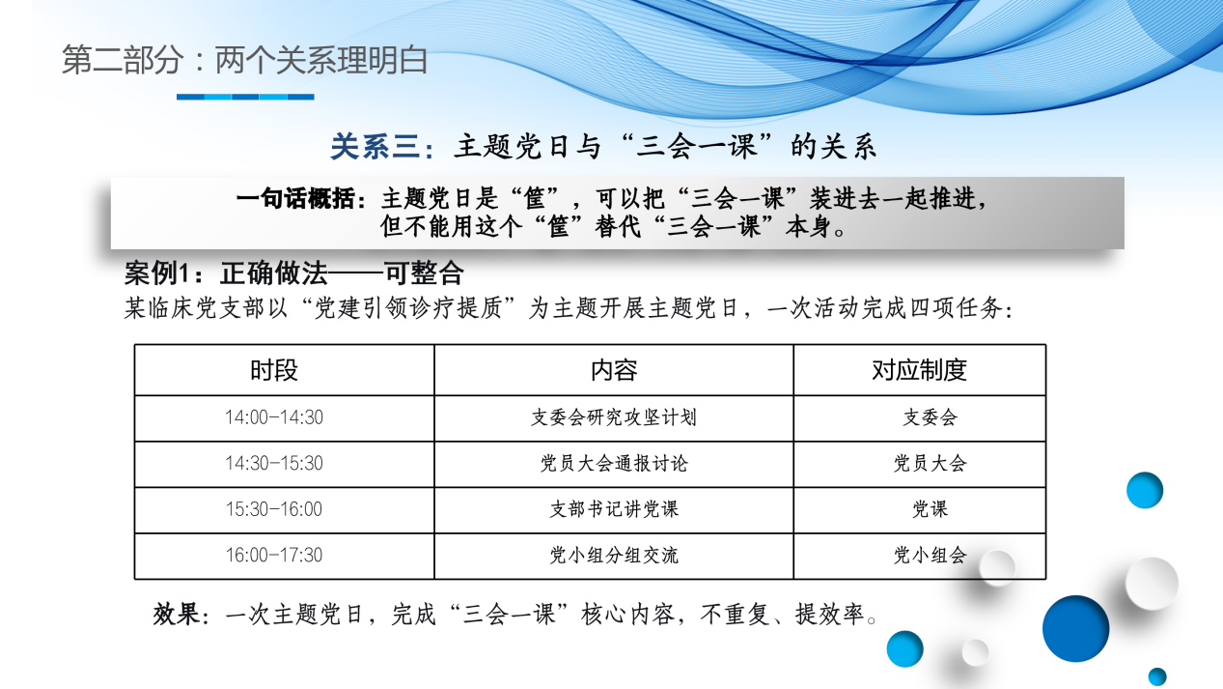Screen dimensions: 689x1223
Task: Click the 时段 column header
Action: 274,370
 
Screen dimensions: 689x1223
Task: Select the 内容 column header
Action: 614,370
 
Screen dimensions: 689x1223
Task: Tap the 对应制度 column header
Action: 919,370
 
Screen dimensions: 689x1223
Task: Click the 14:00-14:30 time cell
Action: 274,417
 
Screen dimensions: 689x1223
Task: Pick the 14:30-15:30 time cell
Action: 274,464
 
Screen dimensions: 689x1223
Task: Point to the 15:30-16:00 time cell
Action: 274,509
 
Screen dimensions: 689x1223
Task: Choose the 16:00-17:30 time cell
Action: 274,556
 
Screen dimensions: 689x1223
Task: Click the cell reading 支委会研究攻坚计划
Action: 614,417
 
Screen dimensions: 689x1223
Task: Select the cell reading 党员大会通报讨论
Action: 614,464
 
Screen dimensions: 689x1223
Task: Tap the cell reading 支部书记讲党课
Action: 614,509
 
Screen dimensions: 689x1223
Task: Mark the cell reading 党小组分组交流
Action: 614,556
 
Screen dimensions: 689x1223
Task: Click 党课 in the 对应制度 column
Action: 930,509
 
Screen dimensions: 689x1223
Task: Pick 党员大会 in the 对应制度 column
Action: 930,464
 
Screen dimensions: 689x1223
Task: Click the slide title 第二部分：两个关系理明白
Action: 245,60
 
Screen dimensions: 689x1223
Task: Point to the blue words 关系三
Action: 375,147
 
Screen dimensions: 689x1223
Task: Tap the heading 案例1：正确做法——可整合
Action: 294,273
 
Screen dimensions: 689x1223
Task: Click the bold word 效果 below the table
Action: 175,615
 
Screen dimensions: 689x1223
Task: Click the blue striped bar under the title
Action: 245,97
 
